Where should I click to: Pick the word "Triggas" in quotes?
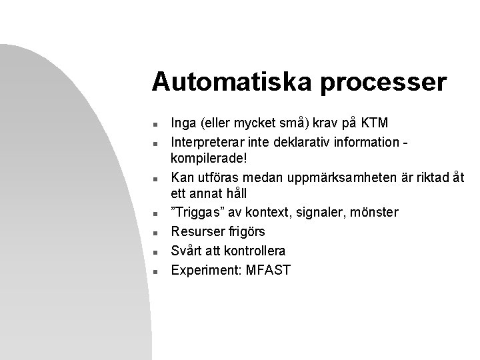195,213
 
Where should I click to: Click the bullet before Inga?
154,124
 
